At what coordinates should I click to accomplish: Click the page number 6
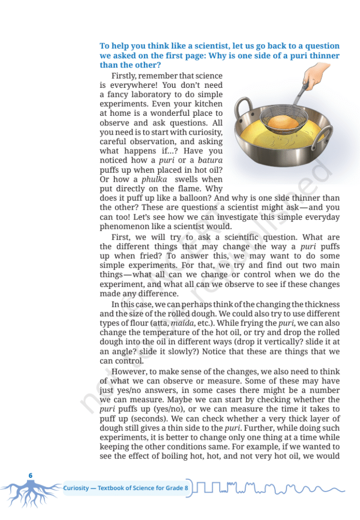pos(30,475)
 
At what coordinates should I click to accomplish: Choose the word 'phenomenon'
pos(123,226)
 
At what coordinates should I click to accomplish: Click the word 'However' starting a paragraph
pos(127,371)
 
